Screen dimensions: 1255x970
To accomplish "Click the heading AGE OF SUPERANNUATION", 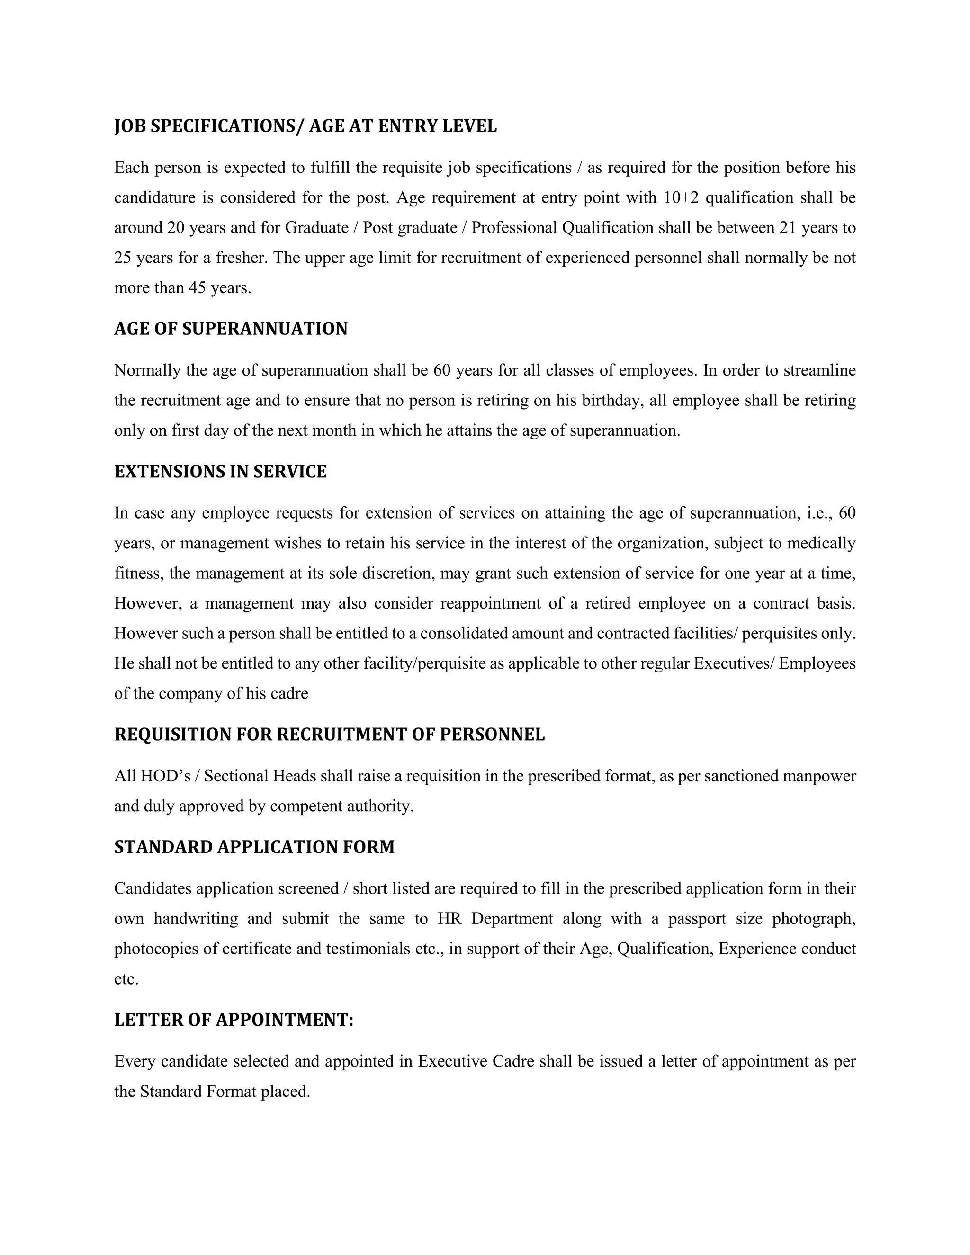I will click(231, 329).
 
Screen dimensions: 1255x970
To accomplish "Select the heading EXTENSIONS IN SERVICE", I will click(220, 472).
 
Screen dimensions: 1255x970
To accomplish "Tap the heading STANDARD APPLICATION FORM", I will click(254, 847).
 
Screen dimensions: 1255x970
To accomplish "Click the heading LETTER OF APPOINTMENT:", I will click(234, 1020).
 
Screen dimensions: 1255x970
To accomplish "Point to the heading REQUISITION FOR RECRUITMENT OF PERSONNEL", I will click(329, 735).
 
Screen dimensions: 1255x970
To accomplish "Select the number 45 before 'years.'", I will click(197, 288).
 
